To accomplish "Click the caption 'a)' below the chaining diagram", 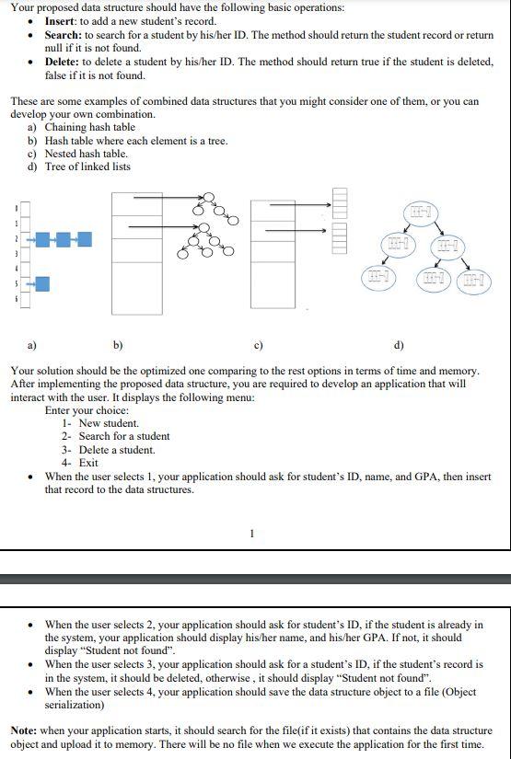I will click(x=30, y=346).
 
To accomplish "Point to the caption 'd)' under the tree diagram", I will click(x=397, y=346).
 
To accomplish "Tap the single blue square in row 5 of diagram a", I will click(x=42, y=286).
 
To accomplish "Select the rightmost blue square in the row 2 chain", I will click(x=85, y=240).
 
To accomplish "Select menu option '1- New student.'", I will click(x=100, y=423).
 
